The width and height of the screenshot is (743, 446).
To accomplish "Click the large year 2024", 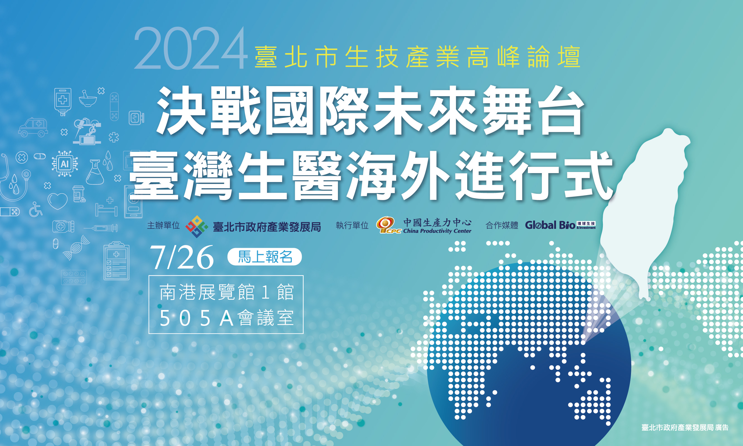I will [190, 49].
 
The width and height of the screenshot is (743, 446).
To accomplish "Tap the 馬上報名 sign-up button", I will [265, 257].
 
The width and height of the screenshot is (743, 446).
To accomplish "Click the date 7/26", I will [182, 257].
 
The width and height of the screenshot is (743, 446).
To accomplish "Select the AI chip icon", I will [65, 164].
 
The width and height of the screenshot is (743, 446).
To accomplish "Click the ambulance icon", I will [33, 127].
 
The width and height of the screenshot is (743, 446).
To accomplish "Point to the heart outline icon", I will [58, 201].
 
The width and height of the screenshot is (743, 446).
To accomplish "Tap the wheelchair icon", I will [35, 209].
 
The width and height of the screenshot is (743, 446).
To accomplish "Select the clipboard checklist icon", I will [116, 261].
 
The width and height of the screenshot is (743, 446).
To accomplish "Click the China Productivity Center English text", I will [437, 231].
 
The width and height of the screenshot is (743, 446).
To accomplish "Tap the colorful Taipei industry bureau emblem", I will [197, 226].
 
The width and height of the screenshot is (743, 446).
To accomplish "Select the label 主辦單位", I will [163, 226].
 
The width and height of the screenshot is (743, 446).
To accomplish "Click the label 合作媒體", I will [502, 226].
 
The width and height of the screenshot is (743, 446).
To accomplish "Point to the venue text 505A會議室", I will [226, 318].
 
